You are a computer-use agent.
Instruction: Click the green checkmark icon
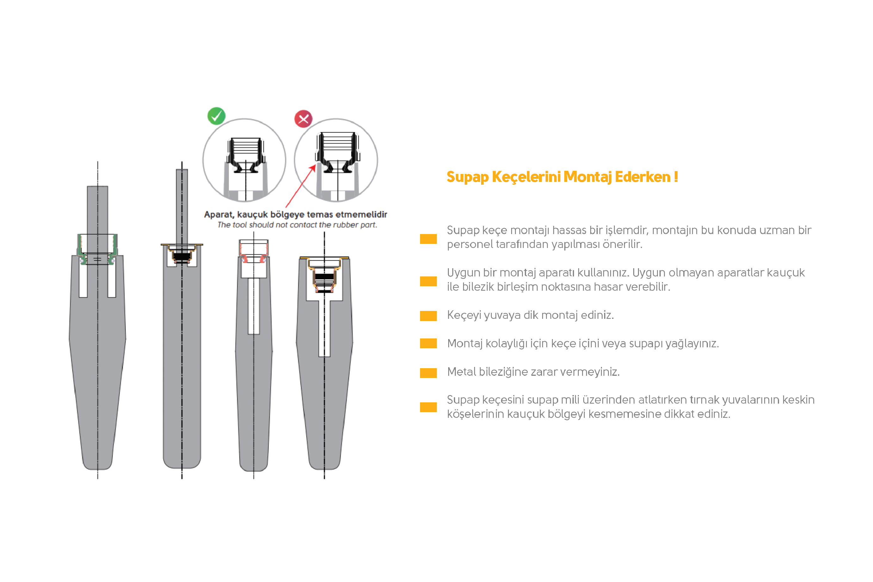pyautogui.click(x=216, y=116)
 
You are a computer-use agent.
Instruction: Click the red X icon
pyautogui.click(x=304, y=119)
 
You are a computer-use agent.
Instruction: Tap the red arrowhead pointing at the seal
pyautogui.click(x=313, y=169)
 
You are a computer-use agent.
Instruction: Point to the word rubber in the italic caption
pyautogui.click(x=345, y=225)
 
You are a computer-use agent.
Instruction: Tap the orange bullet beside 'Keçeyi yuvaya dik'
pyautogui.click(x=428, y=316)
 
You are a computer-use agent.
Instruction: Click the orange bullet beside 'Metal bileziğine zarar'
pyautogui.click(x=428, y=373)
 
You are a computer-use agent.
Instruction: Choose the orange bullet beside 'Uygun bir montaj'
pyautogui.click(x=428, y=281)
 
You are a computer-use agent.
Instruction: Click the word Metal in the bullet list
pyautogui.click(x=461, y=372)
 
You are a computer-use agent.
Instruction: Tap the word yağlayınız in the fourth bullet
pyautogui.click(x=692, y=344)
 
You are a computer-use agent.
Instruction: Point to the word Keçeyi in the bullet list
pyautogui.click(x=464, y=315)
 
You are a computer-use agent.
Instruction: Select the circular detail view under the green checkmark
pyautogui.click(x=244, y=160)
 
